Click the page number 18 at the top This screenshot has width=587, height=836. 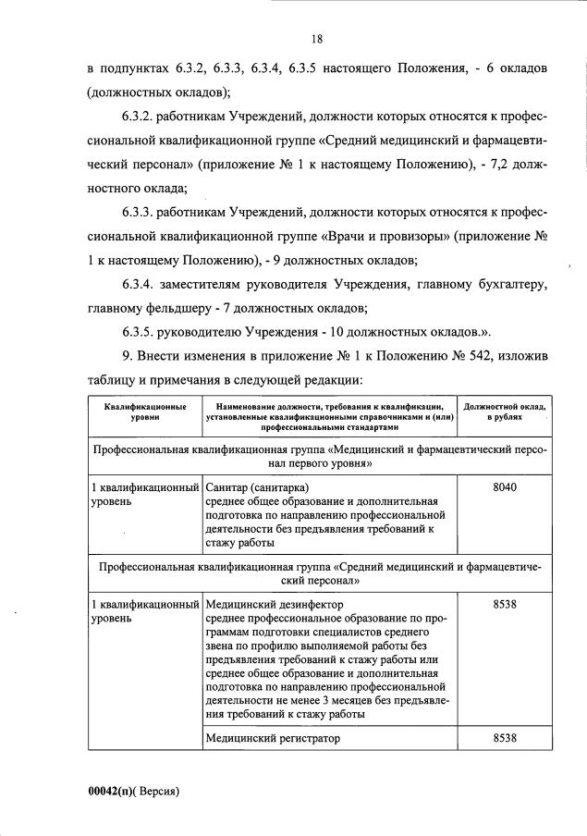316,39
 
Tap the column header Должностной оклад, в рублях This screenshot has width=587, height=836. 504,412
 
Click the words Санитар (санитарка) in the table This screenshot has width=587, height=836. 259,487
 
